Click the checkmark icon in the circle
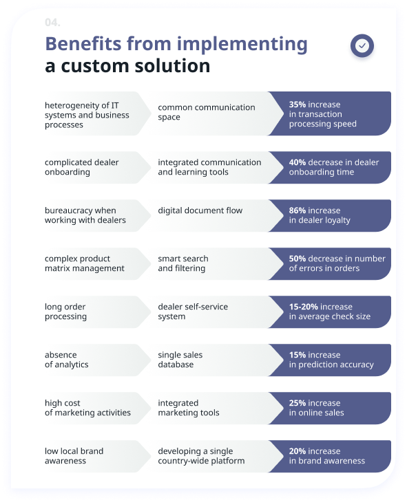pos(362,46)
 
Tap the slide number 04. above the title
pos(52,23)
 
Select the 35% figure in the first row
pos(298,105)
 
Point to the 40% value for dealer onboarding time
pos(298,163)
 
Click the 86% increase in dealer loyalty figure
pos(298,211)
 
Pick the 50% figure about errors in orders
pos(298,259)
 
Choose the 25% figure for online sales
pos(298,404)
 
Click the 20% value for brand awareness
pos(298,452)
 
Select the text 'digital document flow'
pos(200,211)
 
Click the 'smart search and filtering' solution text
pos(183,263)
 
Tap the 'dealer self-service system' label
pos(193,312)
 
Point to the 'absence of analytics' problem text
pos(67,360)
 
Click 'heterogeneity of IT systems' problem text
pos(86,115)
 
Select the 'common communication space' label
pos(206,112)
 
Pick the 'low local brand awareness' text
pos(74,456)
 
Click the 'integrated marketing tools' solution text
pos(189,408)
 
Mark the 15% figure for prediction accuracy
pos(298,356)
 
